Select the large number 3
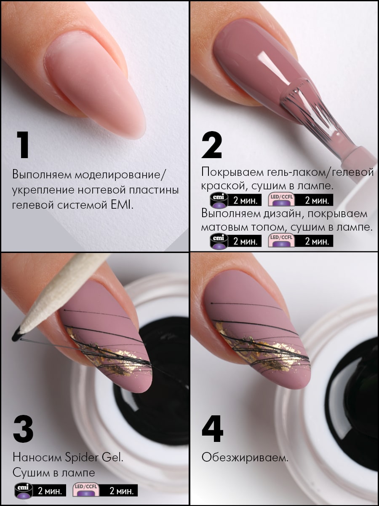pyautogui.click(x=23, y=428)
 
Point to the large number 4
pyautogui.click(x=212, y=428)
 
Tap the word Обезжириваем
pyautogui.click(x=245, y=458)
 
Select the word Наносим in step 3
pyautogui.click(x=37, y=457)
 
